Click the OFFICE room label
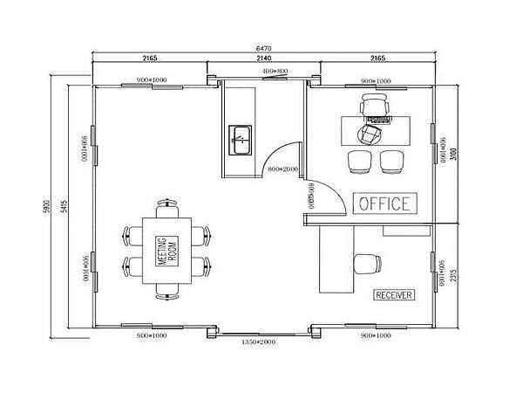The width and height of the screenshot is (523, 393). point(384,203)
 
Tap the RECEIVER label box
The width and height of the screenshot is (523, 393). point(394,295)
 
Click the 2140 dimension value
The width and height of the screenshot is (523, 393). point(263,57)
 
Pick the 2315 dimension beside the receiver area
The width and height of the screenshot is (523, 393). point(453,275)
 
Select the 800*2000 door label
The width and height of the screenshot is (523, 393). point(284,168)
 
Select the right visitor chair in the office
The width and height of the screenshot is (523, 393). point(391,161)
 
